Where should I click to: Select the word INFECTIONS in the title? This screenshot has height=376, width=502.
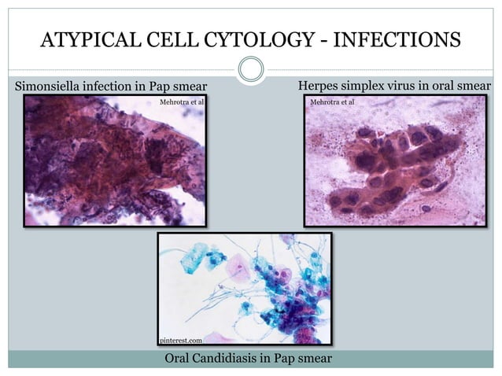393,39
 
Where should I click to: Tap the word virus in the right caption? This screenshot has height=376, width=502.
404,85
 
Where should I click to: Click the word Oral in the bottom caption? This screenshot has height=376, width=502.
178,358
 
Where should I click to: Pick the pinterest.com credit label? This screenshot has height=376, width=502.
181,340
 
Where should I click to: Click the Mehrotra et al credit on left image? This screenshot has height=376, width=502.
181,102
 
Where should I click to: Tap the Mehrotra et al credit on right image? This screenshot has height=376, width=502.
332,102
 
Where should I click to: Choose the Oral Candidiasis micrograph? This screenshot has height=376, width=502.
244,289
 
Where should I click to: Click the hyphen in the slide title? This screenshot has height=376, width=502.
317,39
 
